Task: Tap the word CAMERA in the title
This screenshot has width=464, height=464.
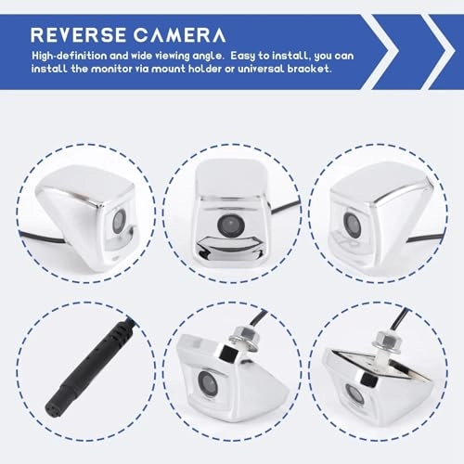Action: [x=178, y=35]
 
